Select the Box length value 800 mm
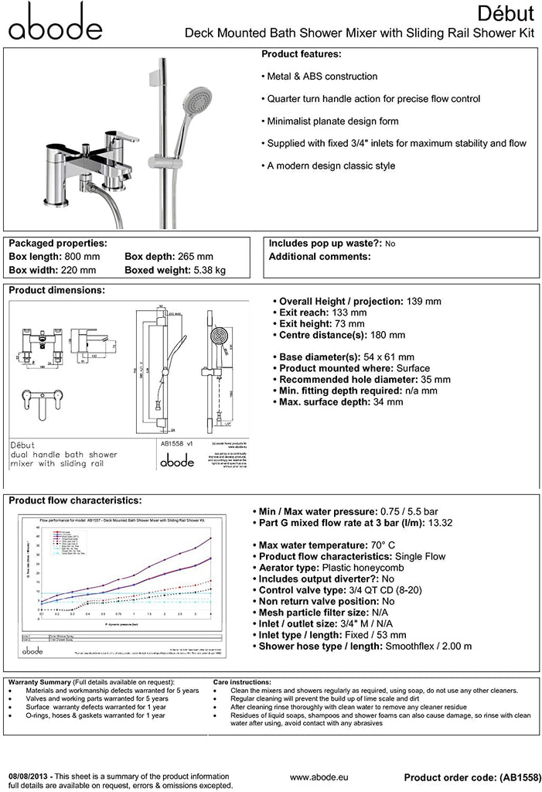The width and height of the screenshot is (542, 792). coord(83,256)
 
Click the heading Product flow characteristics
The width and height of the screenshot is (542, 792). coord(75,500)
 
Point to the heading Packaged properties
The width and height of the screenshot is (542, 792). coord(57,243)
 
